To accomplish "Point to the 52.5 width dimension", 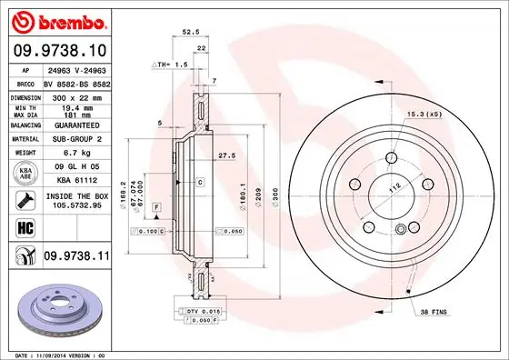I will tap(191, 31).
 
